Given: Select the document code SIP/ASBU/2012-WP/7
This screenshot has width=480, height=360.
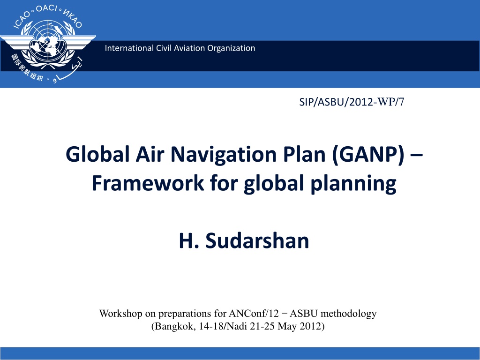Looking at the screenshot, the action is pos(352,102).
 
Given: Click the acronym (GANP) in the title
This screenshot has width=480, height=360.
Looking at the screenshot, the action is pos(367,154).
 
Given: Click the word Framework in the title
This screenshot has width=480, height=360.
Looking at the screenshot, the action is pos(148,183).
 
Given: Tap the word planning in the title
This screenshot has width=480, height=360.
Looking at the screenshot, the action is pos(353,184).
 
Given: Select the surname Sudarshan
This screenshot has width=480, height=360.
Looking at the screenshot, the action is pos(257,240).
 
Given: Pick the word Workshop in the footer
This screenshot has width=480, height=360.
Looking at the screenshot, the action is pos(120,314).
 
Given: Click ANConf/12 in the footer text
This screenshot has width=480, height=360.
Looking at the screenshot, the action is pos(254,314).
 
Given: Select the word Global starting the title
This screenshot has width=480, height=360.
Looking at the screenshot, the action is pos(97,154).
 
